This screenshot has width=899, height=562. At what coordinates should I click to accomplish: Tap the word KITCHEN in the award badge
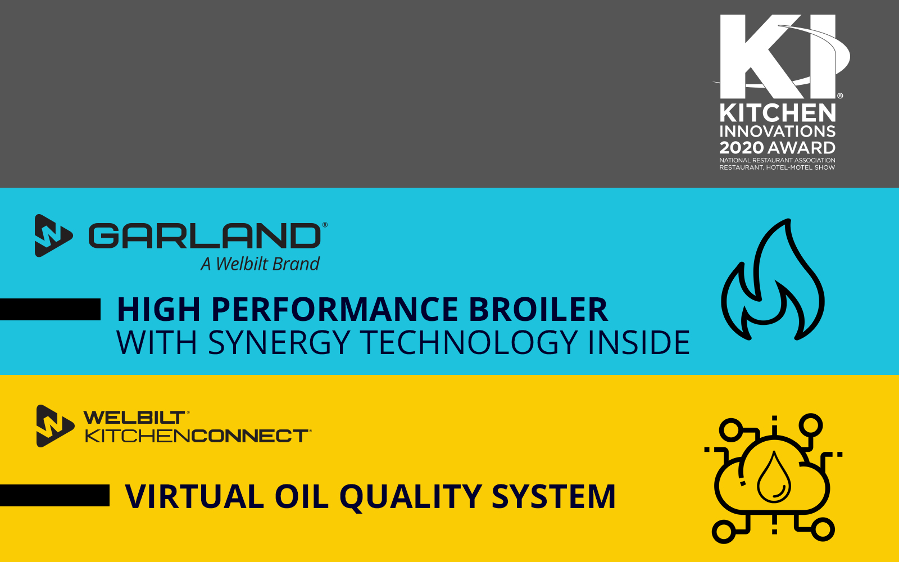click(778, 113)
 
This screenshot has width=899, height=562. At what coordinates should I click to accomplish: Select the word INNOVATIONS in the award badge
click(778, 132)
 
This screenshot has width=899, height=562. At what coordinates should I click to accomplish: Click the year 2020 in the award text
click(741, 148)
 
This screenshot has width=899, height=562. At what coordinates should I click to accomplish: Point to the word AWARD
click(801, 148)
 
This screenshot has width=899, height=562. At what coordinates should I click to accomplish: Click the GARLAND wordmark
click(205, 235)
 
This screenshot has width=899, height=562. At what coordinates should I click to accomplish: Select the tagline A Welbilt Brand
click(260, 264)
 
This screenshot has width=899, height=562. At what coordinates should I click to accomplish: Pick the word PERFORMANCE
click(335, 309)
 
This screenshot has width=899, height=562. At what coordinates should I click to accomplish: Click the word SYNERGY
click(279, 342)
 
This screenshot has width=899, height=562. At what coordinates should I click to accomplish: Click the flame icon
click(773, 279)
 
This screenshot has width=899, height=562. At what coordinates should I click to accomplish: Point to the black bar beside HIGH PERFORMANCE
click(50, 309)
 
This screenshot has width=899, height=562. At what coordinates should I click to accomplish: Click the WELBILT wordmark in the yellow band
click(134, 418)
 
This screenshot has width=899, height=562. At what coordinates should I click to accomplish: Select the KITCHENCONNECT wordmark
click(197, 436)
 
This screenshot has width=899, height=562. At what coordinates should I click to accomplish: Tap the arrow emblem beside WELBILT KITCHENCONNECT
click(55, 426)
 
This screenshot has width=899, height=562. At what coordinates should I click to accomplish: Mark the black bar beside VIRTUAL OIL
click(55, 495)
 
